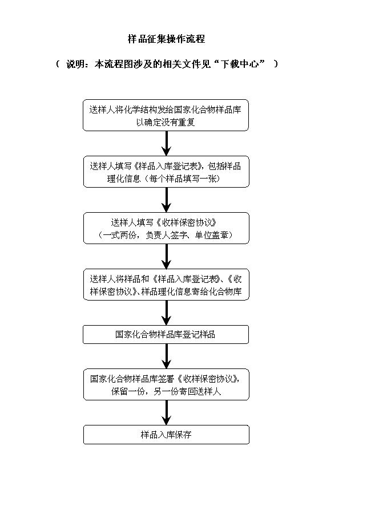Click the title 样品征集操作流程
pos(166,39)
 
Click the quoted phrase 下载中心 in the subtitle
pos(239,64)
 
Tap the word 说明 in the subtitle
pos(75,64)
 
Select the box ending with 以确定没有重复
pos(166,115)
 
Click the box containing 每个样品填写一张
pos(166,172)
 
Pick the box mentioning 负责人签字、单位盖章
pos(166,228)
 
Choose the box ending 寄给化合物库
pos(166,285)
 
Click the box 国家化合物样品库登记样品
pos(166,334)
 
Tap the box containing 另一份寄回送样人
pos(166,384)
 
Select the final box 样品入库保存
pos(166,435)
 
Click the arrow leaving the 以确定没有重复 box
pos(166,144)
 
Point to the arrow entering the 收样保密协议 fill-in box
pos(166,200)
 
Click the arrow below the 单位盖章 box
pos(166,257)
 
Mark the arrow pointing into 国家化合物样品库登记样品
pos(166,313)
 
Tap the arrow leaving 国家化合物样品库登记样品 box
pos(166,356)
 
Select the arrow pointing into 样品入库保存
pos(166,413)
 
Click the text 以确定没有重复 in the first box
pos(166,122)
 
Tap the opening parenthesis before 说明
pos(58,64)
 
